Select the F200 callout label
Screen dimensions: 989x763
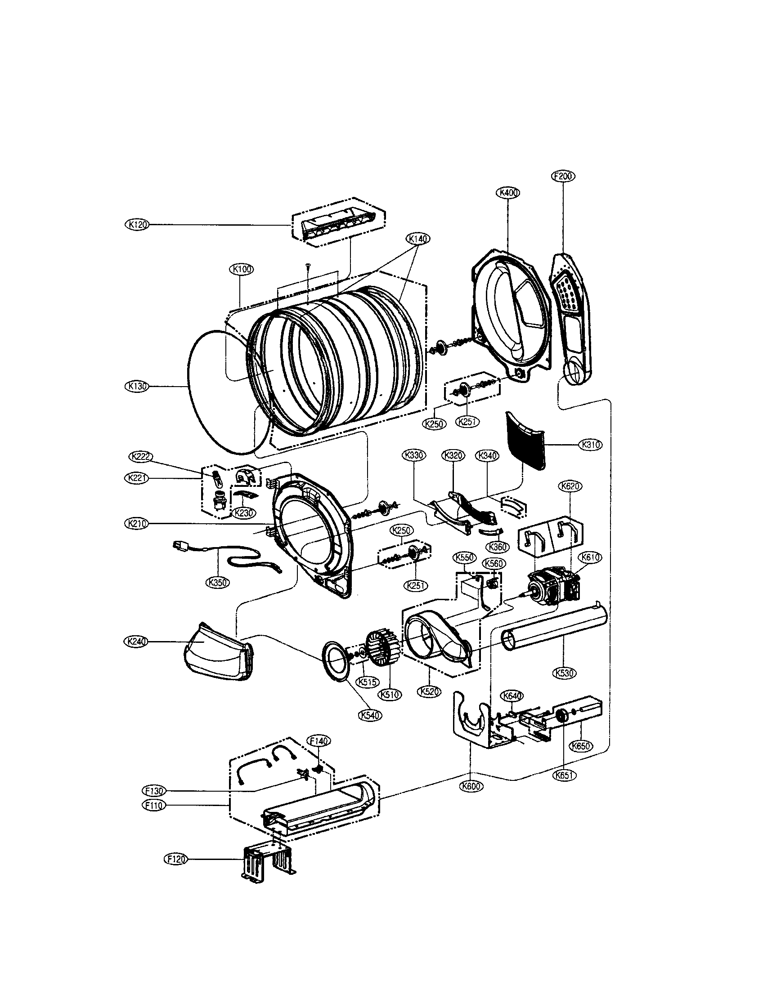563,176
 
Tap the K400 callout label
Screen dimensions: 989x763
508,192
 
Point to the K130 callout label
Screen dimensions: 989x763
136,386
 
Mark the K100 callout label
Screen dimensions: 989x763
241,269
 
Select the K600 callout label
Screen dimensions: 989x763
471,786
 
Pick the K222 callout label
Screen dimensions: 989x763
141,456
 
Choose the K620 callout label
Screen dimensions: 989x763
570,486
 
